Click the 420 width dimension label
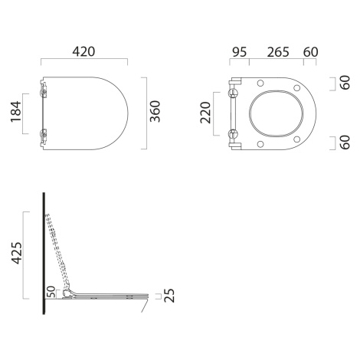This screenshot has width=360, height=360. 83,51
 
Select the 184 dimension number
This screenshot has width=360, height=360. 16,112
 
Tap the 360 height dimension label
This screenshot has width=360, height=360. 155,111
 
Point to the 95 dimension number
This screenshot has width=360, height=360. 240,52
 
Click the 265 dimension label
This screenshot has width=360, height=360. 278,52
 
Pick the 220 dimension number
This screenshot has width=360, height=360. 205,113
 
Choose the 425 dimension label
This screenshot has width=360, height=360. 17,253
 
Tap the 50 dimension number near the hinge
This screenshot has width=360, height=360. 51,292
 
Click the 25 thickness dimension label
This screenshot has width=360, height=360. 169,296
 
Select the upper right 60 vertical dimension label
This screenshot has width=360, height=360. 345,83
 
